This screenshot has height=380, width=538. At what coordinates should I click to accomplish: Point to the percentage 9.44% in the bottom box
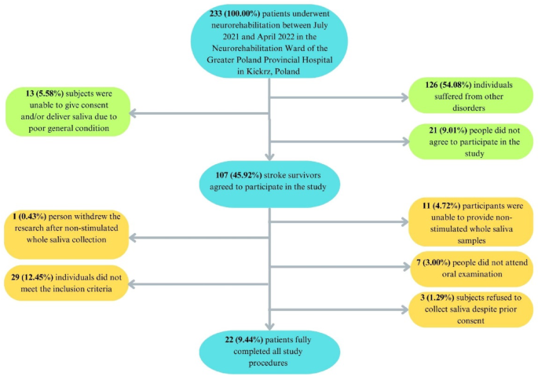click(241, 342)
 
